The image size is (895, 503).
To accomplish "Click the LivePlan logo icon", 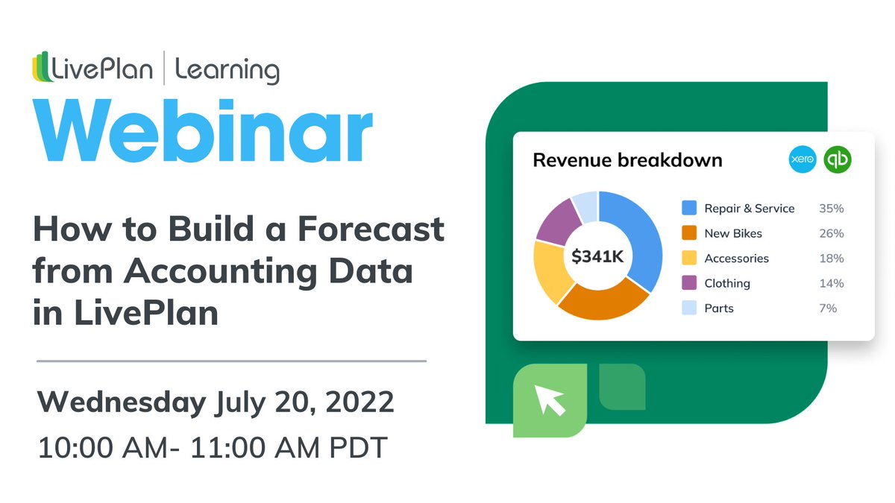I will [43, 69].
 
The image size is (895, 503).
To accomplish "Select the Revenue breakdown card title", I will [627, 160].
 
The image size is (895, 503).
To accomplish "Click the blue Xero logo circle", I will [803, 160].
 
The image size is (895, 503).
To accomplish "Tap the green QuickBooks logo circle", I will [838, 160].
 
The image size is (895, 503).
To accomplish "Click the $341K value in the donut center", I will [597, 257].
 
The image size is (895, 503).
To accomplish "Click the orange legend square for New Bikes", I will [689, 233].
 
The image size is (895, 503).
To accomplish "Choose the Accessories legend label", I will [736, 259].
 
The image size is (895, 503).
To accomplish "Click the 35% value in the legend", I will [831, 209].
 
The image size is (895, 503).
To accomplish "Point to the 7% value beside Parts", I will [827, 309].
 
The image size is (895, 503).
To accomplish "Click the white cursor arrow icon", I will [550, 400].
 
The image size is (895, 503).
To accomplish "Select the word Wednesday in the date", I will [122, 403].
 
